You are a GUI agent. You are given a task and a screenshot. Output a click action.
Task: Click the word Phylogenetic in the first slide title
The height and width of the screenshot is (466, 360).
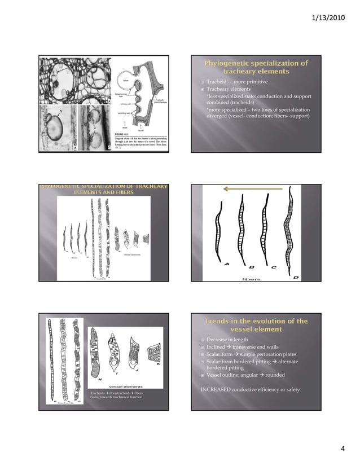click(227, 63)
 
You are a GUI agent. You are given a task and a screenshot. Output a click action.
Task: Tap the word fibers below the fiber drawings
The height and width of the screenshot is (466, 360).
click(251, 278)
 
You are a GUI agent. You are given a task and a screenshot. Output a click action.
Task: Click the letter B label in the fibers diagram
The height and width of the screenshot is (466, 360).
click(251, 267)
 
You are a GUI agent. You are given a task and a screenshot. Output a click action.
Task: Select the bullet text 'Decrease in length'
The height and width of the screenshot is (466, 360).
click(227, 340)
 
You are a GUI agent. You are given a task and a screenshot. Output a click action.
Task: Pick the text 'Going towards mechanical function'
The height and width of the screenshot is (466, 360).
click(116, 398)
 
